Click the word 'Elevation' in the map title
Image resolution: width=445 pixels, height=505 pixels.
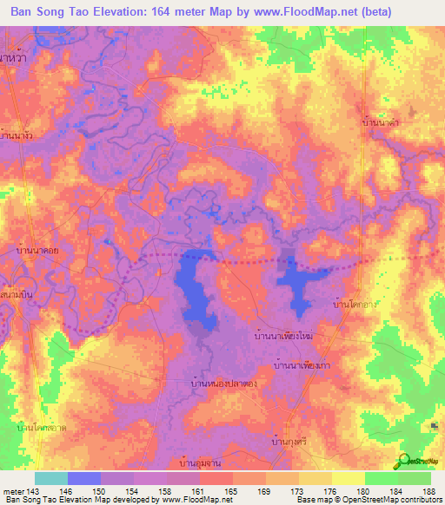tap(126, 12)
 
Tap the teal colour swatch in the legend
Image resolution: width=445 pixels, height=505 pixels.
tap(50, 478)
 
